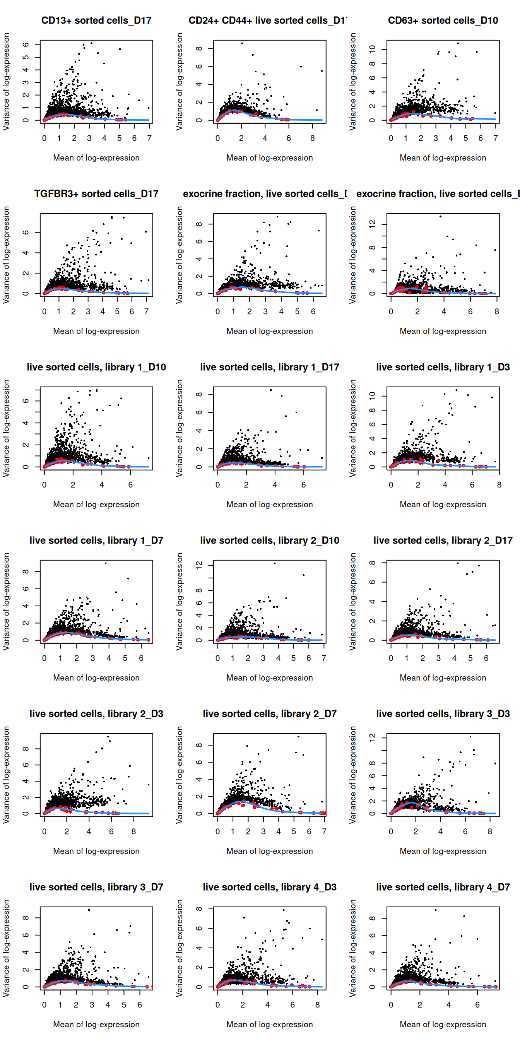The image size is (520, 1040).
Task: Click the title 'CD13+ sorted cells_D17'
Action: [x=96, y=21]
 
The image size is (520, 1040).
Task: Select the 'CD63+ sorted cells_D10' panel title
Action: [x=443, y=21]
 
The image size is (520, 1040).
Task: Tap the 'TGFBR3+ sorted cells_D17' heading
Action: [x=96, y=194]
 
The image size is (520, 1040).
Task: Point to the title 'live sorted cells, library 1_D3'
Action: [x=443, y=367]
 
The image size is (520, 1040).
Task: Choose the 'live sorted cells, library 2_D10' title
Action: [x=270, y=540]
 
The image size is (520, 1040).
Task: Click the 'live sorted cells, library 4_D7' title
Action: [x=443, y=887]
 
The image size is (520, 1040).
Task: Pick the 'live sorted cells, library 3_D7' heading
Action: [x=96, y=887]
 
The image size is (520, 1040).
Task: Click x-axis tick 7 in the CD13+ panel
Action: [x=149, y=138]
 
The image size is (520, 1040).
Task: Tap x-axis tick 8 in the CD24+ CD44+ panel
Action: [x=313, y=138]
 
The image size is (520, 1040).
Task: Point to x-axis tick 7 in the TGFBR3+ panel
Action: [x=147, y=311]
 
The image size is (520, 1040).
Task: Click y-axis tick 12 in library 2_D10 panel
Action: [x=199, y=565]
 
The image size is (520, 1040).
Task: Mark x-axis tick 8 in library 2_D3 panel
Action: [x=133, y=831]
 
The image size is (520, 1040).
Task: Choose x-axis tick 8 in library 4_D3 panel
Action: [x=318, y=1004]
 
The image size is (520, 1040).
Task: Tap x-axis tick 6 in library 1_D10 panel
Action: [x=130, y=484]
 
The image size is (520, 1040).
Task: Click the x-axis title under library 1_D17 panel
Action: [x=270, y=504]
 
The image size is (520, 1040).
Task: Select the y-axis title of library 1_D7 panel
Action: [x=6, y=602]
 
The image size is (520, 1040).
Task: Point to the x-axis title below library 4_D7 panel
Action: [x=443, y=1024]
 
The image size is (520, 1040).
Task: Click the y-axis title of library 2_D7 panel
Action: [x=179, y=775]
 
